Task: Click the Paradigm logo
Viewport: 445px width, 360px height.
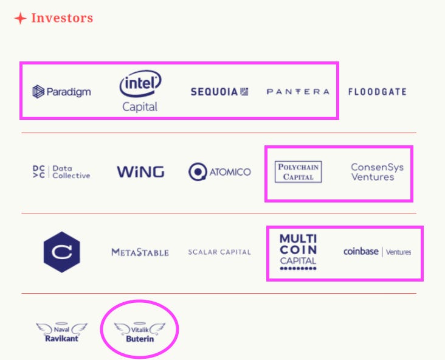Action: (61, 92)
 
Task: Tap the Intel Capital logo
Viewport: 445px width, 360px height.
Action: (140, 91)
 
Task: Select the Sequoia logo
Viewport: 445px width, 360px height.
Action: (219, 92)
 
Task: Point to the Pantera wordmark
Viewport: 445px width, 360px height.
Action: (298, 92)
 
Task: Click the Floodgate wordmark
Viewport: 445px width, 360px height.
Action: (377, 92)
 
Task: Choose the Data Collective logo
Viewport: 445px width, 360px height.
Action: (61, 172)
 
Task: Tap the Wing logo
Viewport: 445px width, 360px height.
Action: (140, 172)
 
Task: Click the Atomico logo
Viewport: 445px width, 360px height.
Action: (219, 172)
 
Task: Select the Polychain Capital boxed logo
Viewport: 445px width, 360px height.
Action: (298, 172)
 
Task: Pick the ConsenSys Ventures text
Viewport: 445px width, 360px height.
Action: (377, 172)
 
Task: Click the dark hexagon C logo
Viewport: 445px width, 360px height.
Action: (62, 252)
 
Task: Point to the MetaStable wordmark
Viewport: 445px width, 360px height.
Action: (140, 252)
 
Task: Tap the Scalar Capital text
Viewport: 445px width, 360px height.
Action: (219, 252)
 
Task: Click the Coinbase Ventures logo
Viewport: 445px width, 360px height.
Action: (377, 252)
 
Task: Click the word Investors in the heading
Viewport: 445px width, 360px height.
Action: (62, 18)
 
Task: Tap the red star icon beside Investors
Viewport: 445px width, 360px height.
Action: (20, 19)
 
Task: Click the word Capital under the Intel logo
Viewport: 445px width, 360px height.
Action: (140, 107)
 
